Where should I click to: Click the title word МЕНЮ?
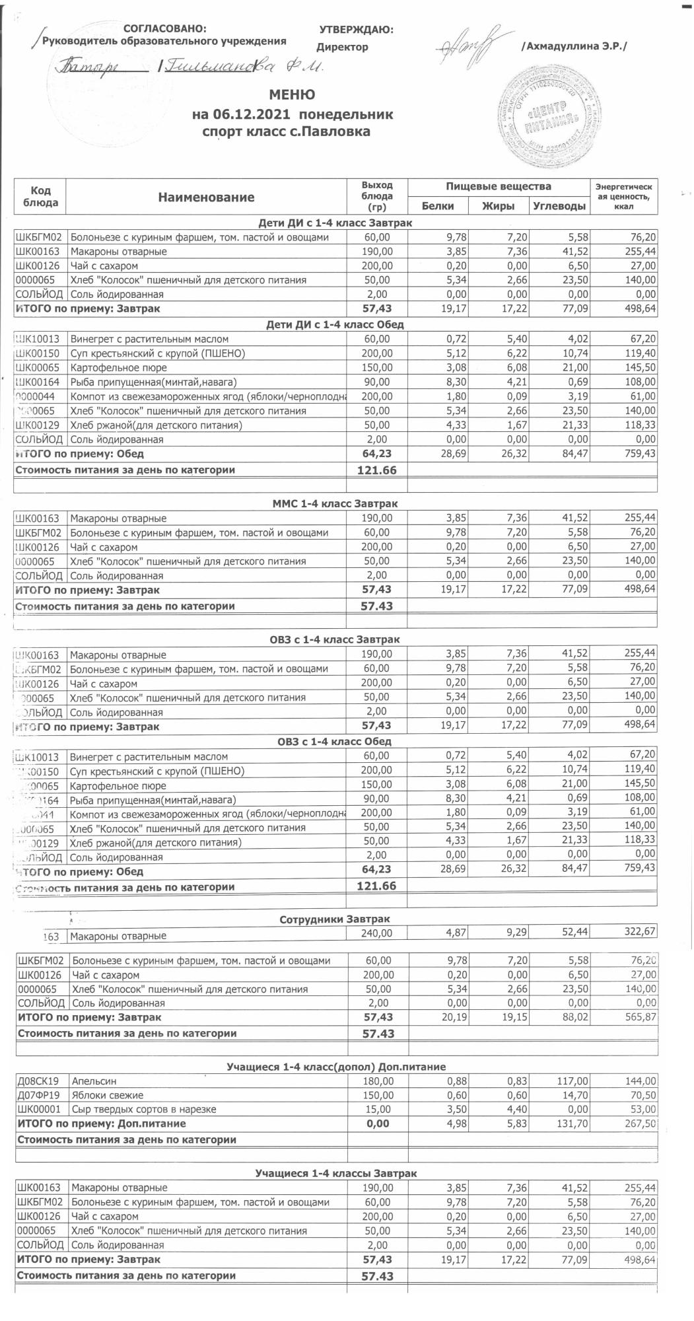click(292, 94)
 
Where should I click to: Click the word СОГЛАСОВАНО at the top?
click(165, 29)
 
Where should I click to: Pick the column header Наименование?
click(206, 197)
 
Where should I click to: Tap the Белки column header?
click(437, 206)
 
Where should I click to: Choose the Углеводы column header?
click(559, 206)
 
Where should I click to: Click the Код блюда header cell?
click(40, 196)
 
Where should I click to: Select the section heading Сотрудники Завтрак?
click(335, 919)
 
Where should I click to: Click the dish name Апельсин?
click(94, 1081)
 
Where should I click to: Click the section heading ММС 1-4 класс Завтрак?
click(336, 504)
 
